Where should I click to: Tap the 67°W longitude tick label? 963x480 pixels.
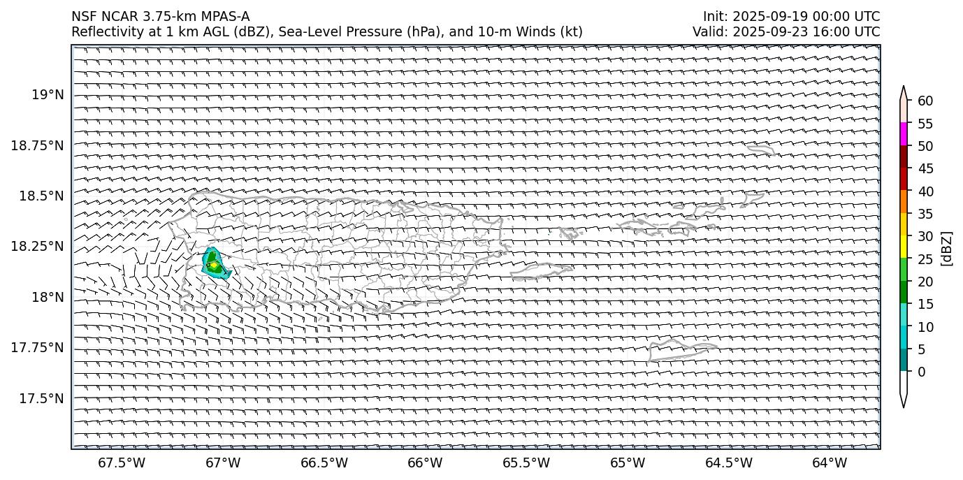[x=223, y=463]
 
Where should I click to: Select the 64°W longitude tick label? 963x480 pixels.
[x=830, y=463]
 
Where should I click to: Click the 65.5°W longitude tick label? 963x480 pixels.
[x=526, y=463]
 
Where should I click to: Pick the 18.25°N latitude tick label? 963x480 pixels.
[x=38, y=246]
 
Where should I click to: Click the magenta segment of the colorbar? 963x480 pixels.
[x=903, y=134]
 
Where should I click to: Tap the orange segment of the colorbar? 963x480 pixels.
[x=903, y=202]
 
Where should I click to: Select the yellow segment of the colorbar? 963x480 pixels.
[x=903, y=247]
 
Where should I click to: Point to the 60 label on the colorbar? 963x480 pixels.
[x=925, y=101]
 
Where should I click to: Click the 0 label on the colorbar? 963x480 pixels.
[x=921, y=372]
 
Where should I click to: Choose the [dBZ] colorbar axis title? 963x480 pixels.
[x=947, y=248]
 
